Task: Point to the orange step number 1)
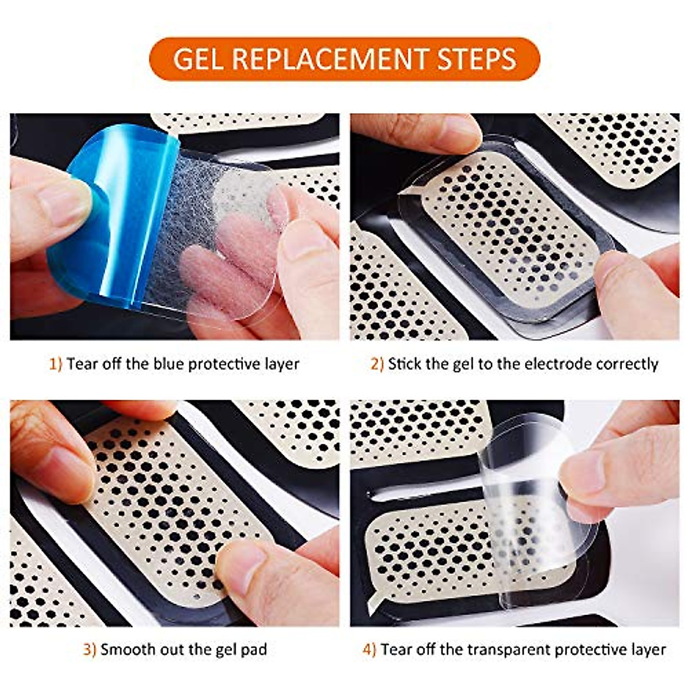click(55, 364)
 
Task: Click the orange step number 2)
click(377, 364)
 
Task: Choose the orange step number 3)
click(90, 650)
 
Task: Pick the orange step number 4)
click(369, 650)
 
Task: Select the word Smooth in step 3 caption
click(125, 650)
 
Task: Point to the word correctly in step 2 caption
click(627, 364)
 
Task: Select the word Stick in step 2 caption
click(405, 364)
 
